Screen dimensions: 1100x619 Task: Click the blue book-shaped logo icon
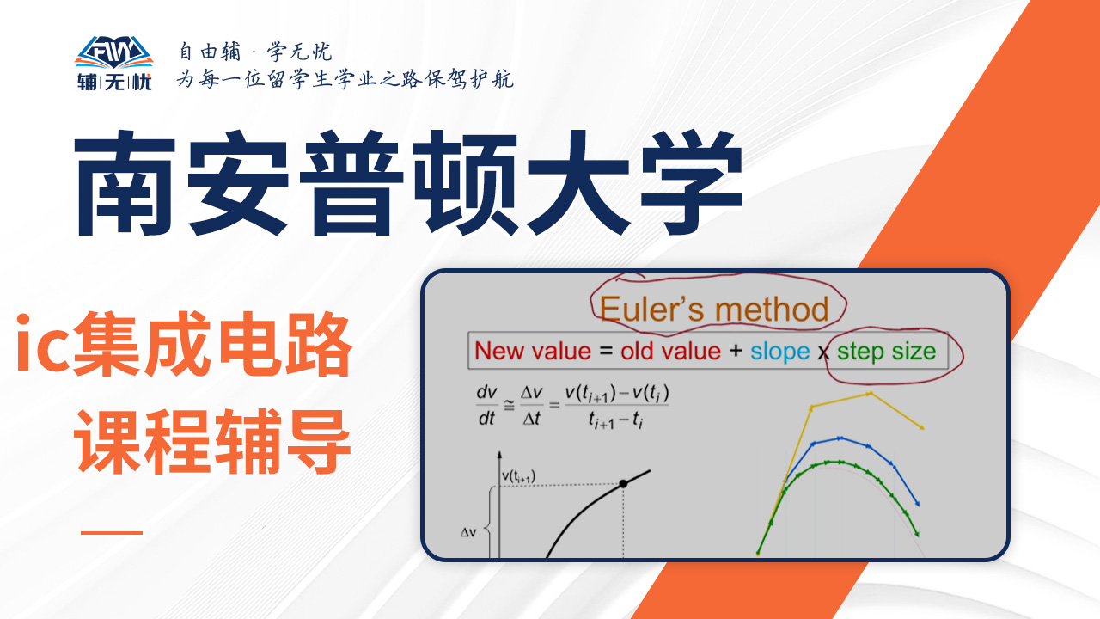114,52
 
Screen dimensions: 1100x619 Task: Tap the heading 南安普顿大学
408,183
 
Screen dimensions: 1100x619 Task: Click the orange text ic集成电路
185,343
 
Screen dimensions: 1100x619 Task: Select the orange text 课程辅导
212,441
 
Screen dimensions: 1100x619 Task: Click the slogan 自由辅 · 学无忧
255,52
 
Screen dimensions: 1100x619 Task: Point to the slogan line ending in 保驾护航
345,78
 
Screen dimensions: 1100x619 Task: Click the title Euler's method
714,309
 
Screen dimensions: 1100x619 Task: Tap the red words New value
533,352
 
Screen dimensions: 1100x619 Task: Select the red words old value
670,352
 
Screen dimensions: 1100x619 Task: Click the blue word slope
779,352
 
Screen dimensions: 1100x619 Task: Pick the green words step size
886,352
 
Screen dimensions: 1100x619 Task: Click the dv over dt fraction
486,405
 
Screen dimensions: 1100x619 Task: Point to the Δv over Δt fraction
532,405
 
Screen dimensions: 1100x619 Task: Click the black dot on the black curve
623,483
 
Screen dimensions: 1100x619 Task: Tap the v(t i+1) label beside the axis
518,476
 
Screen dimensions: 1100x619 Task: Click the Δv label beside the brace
468,532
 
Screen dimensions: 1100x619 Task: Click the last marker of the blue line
917,504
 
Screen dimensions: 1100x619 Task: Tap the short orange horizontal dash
112,532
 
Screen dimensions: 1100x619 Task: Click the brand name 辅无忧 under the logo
114,82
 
